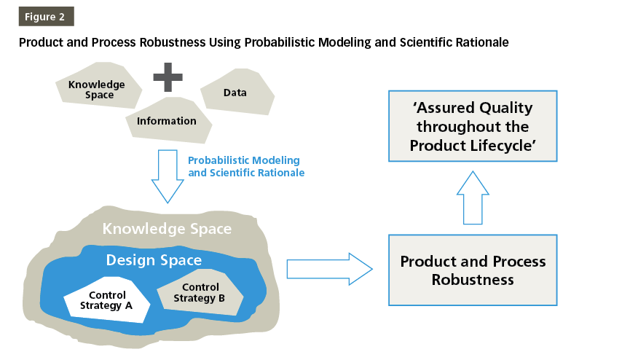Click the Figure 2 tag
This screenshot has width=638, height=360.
pos(45,17)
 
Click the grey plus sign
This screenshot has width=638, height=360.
pos(168,77)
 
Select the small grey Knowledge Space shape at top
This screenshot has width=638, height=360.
pos(95,90)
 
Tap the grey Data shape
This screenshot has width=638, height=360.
pos(235,93)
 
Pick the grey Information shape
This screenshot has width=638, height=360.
pos(168,121)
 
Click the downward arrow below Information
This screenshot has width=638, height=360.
pos(167,176)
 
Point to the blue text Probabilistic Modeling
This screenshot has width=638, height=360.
pos(244,160)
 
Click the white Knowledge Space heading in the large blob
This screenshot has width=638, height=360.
pos(167,229)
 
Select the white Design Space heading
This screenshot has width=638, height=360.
pos(154,260)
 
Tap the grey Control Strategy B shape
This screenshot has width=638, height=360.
pos(200,293)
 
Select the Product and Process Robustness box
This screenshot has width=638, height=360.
pos(473,270)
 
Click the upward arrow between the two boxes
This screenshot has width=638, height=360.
pos(472,197)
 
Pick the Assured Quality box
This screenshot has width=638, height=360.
pos(472,126)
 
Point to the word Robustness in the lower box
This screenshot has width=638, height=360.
pos(473,280)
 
